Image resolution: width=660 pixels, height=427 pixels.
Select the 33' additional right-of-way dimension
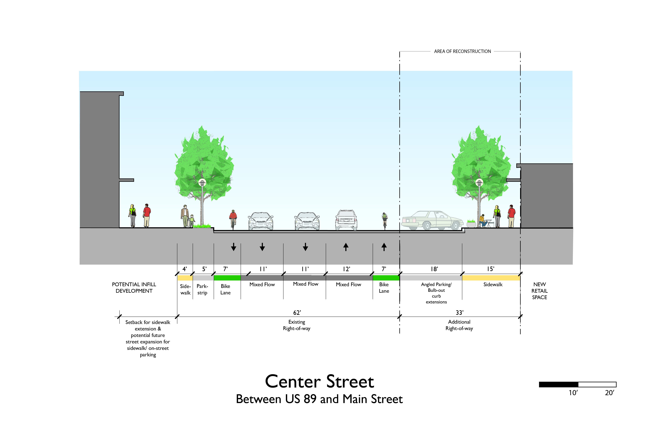click(460, 312)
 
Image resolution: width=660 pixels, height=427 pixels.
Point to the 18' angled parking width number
click(434, 269)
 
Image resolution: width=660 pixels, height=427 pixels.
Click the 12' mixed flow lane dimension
click(346, 269)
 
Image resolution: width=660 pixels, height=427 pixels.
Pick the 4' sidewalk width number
click(185, 269)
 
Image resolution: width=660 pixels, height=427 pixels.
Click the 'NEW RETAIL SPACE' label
click(539, 291)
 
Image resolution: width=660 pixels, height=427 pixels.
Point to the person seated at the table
click(483, 220)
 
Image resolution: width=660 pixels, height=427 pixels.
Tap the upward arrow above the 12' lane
click(346, 247)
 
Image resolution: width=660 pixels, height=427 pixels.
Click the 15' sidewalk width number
click(491, 269)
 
